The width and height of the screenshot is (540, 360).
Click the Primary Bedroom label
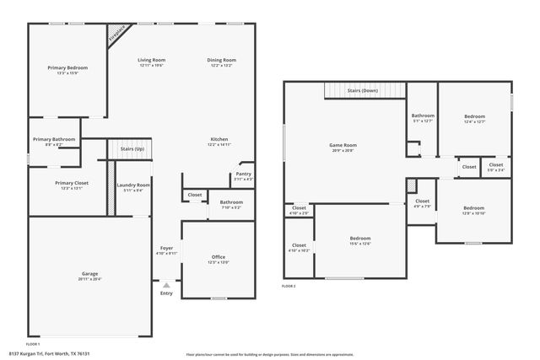point(67,67)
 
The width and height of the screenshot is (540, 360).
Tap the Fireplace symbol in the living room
point(116,34)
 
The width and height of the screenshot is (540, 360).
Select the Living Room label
point(152,60)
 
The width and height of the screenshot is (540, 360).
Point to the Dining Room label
point(221,60)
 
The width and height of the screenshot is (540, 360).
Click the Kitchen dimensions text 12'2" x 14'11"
point(219,145)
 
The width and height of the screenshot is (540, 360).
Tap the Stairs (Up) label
point(132,148)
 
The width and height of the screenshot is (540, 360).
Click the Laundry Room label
point(133,185)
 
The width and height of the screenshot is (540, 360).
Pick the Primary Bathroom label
point(54,139)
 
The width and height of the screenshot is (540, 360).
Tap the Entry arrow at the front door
point(166,284)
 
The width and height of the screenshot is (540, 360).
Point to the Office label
point(218,256)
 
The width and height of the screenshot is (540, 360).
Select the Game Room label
point(343,145)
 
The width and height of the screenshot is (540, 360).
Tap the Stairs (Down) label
point(362,89)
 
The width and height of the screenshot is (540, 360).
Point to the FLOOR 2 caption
point(289,287)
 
